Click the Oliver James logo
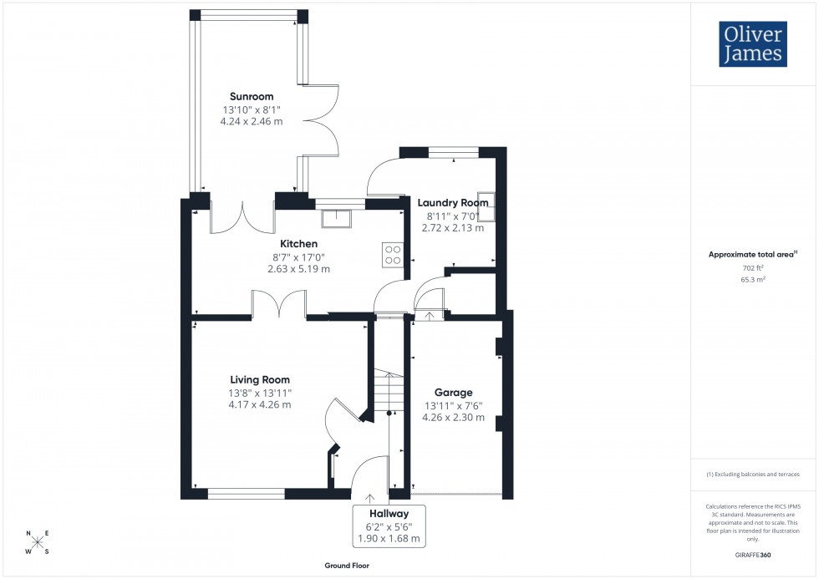click(x=752, y=44)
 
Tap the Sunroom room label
click(x=251, y=96)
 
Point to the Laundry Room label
click(x=453, y=202)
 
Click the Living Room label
click(x=260, y=380)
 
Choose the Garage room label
click(x=453, y=392)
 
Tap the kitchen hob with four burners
click(x=392, y=254)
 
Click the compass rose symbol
click(x=37, y=542)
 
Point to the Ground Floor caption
click(x=348, y=566)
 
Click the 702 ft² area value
click(x=753, y=268)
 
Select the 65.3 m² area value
click(x=753, y=281)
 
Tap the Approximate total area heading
click(x=752, y=254)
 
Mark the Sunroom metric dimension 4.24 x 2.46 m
click(x=251, y=121)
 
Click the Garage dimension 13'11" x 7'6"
click(x=453, y=405)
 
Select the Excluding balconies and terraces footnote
click(x=753, y=474)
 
